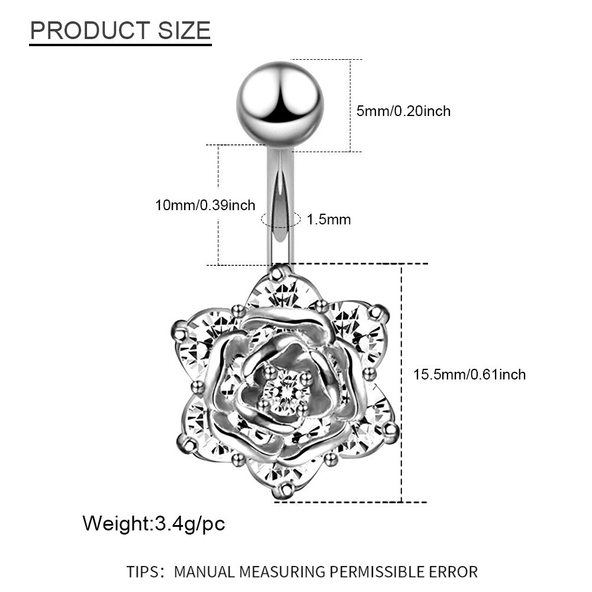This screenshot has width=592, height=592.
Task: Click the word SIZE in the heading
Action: coord(184,30)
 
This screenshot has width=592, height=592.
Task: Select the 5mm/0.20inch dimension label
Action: coord(403,111)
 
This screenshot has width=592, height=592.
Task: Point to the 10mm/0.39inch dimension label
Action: coord(205,205)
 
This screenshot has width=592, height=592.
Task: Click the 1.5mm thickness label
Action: coord(329,220)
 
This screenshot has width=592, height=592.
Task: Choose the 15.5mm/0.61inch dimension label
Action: coord(469,375)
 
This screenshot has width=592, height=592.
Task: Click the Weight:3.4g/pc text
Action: coord(154,523)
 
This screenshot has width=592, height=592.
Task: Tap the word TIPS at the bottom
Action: coord(142,572)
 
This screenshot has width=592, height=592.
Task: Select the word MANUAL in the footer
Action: coord(204,572)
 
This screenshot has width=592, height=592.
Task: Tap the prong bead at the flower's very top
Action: coord(279,272)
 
